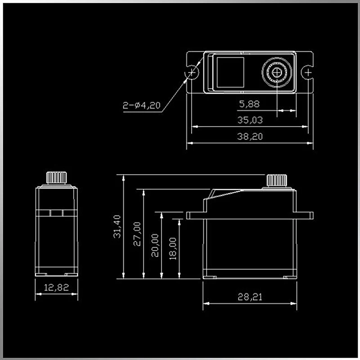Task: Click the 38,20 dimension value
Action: click(x=250, y=136)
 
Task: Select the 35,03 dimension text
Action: click(x=250, y=120)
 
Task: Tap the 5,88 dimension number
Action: click(x=249, y=104)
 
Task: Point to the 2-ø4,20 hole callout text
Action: click(x=141, y=105)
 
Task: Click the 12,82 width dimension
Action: click(x=56, y=288)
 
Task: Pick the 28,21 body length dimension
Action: click(x=250, y=297)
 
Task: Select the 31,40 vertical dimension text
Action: click(x=117, y=226)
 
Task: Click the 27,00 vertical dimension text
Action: click(x=137, y=234)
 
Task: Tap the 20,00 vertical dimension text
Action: click(x=155, y=245)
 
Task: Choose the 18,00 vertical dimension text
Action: click(x=173, y=249)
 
